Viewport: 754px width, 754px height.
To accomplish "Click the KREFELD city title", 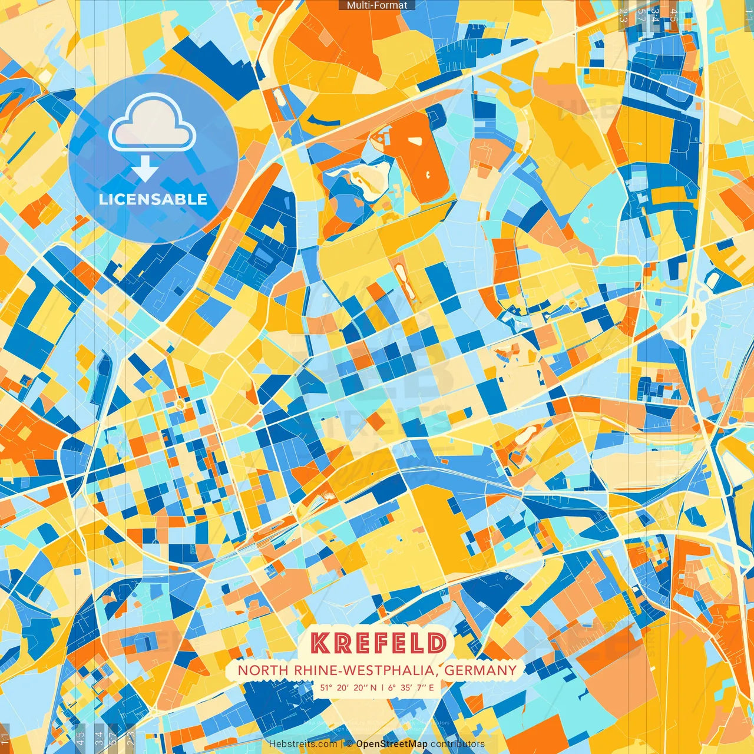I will click(378, 643).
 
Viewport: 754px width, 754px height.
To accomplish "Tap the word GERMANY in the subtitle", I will click(480, 670).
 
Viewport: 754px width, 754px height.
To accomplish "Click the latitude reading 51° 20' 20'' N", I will click(348, 687).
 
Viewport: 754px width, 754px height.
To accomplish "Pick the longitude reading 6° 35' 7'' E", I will click(411, 687).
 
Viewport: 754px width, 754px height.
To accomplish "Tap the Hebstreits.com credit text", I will click(303, 744).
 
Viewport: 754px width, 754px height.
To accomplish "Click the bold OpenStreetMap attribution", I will click(392, 744).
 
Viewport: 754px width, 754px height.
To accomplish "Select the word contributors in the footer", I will click(458, 744).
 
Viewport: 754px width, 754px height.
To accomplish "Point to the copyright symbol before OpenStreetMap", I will click(349, 744).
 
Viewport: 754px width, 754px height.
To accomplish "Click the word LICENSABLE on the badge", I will click(153, 199).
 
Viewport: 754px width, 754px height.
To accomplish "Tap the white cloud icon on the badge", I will click(152, 125).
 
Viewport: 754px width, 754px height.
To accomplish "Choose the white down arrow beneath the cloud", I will click(144, 170).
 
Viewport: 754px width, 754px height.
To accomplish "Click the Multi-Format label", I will click(377, 5).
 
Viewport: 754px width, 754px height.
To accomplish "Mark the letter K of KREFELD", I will click(320, 643).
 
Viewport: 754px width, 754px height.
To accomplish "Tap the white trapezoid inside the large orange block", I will click(416, 141).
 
